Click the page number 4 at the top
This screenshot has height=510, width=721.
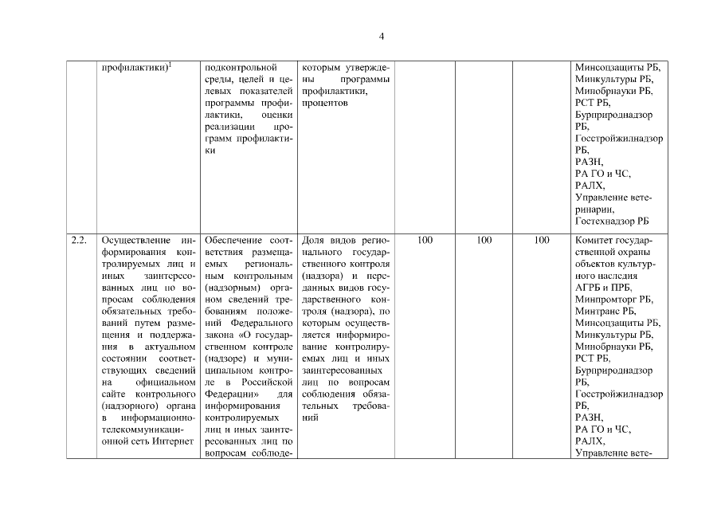coord(382,37)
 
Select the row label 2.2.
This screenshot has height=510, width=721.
coord(78,239)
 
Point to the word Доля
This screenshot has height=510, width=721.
coord(315,239)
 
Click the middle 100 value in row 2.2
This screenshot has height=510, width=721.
coord(484,239)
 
